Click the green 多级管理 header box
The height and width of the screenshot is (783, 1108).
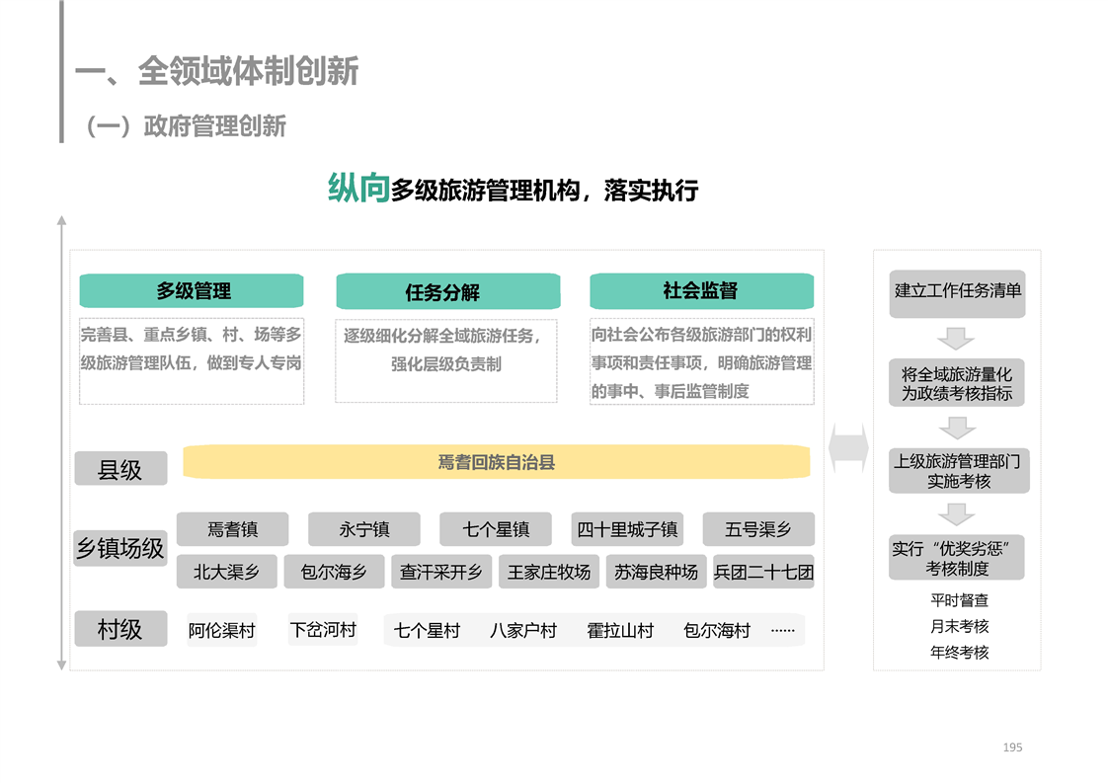[192, 290]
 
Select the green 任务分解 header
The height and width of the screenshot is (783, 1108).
[448, 291]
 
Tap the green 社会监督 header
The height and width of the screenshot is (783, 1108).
[702, 290]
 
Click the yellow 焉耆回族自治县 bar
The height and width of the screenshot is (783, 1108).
[496, 461]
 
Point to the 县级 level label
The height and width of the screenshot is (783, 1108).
[120, 469]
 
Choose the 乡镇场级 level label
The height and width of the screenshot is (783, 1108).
[120, 548]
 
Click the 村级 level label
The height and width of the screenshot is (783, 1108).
[120, 628]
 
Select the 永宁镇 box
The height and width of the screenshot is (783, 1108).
[364, 528]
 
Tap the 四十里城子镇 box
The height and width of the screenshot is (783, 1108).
[627, 528]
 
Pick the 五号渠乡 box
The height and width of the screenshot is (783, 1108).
[758, 528]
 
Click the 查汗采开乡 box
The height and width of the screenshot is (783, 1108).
[441, 572]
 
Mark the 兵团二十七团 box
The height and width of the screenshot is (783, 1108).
[764, 572]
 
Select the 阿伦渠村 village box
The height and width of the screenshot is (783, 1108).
[222, 630]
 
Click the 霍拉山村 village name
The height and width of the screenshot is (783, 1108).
[620, 630]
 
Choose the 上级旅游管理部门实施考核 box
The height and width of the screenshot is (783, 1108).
[959, 471]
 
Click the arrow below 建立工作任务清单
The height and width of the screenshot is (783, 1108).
[956, 339]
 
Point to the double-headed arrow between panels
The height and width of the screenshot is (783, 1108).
[848, 447]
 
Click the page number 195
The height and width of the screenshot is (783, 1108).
[1012, 746]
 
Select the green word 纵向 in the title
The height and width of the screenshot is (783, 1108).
[358, 188]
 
